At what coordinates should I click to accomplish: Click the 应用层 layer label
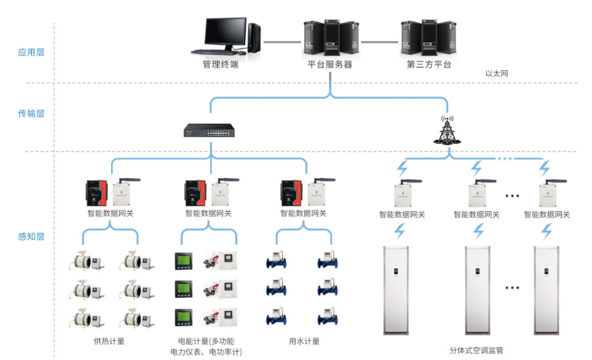click(31, 52)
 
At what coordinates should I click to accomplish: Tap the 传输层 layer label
click(31, 114)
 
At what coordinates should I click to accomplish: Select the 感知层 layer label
click(31, 236)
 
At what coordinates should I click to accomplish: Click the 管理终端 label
click(220, 65)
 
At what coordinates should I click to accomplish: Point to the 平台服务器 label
click(329, 65)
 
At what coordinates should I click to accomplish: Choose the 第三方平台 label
click(428, 65)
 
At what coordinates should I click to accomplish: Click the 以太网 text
click(497, 73)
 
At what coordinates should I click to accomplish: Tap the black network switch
click(210, 131)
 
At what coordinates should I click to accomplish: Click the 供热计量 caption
click(109, 341)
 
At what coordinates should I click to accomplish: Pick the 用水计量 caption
click(304, 341)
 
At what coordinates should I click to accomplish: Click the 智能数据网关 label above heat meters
click(110, 214)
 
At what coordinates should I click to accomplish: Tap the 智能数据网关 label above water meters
click(304, 214)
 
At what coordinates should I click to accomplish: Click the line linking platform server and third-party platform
click(380, 41)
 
